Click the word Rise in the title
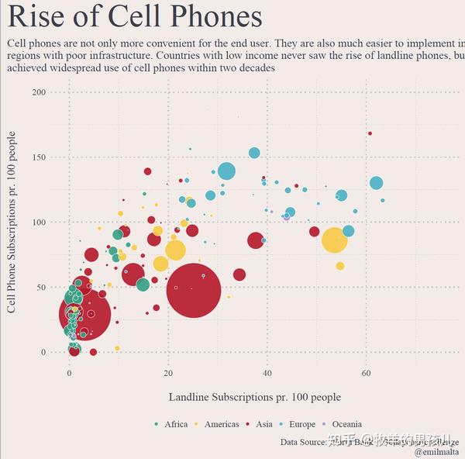click(36, 17)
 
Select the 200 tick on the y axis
click(38, 92)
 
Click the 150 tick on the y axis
click(38, 157)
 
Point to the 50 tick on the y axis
click(40, 287)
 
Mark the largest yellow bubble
click(334, 240)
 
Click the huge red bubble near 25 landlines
click(193, 290)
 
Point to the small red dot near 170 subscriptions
click(370, 133)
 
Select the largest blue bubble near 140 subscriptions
click(226, 171)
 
